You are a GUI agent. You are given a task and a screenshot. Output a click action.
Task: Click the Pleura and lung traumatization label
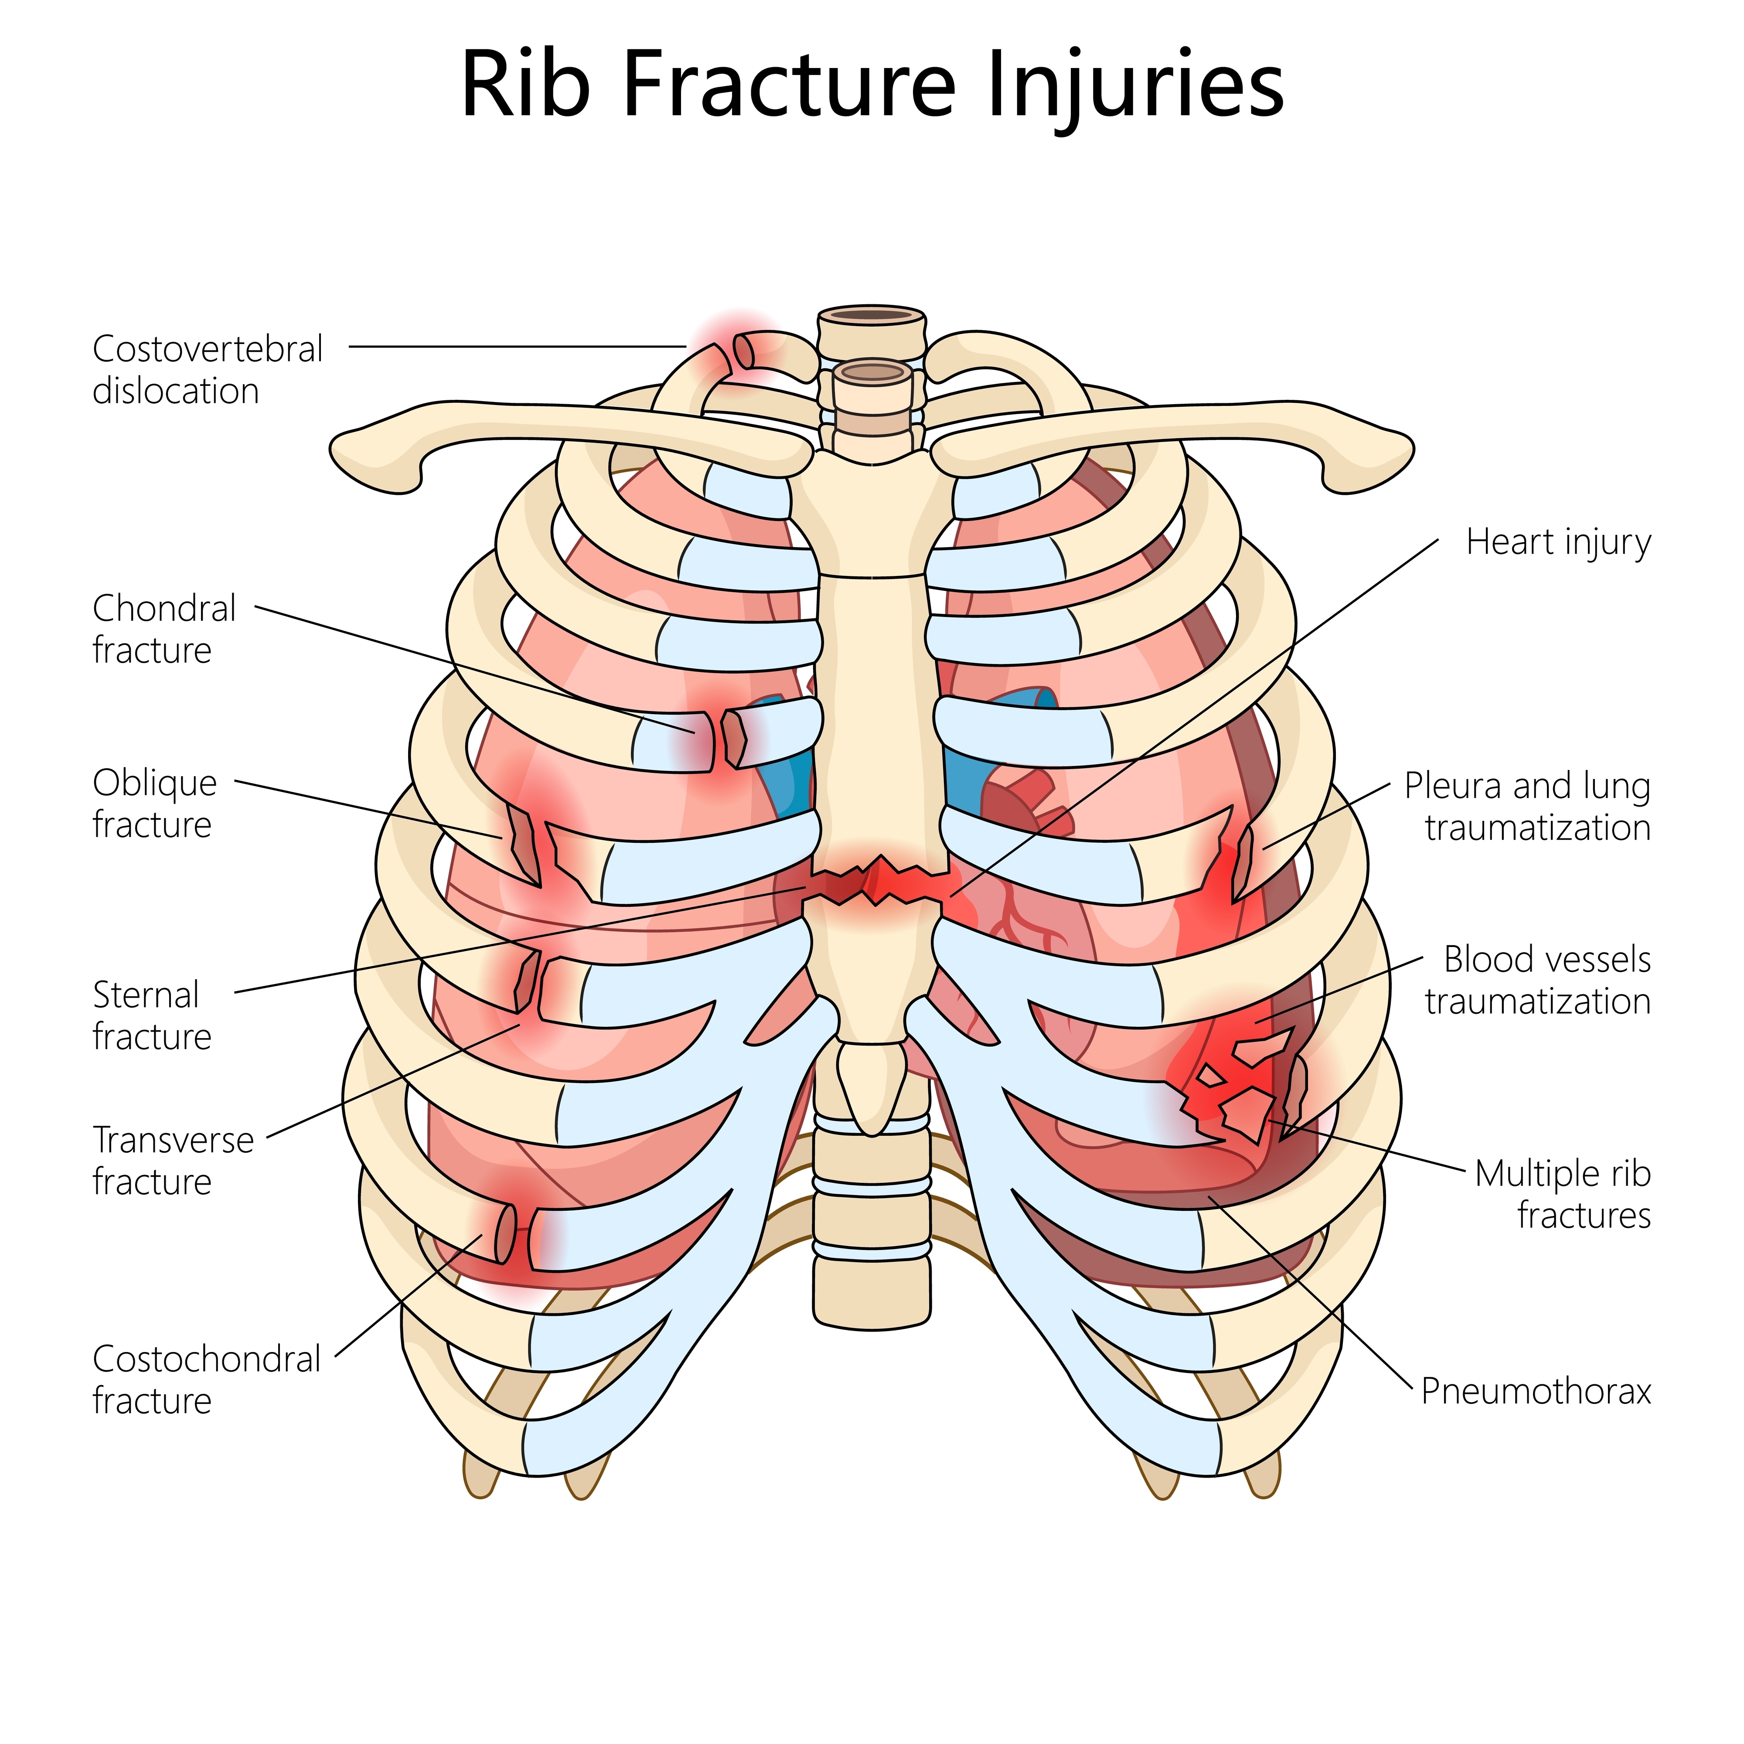click(x=1527, y=806)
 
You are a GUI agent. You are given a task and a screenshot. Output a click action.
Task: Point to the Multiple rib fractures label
click(x=1563, y=1194)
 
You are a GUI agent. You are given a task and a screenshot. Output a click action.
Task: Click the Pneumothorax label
click(x=1536, y=1391)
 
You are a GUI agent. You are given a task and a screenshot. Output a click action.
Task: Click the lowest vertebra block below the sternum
click(x=871, y=1293)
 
